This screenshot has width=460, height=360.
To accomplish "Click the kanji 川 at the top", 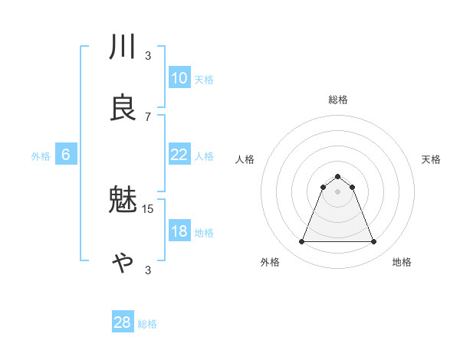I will pos(123,47).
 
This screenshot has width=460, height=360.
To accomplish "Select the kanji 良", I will pos(123,108).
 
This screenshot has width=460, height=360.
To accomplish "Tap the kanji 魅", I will pos(123,201).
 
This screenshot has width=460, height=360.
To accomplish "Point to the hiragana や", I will pos(123,262).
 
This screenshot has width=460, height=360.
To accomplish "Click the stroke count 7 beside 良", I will pos(148,116).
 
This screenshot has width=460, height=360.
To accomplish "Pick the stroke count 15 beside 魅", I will pos(148,208).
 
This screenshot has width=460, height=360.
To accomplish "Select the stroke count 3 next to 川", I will pos(148,55).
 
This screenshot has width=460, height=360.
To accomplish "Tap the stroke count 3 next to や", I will pos(148,270).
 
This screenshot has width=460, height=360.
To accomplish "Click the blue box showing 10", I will pos(179,77).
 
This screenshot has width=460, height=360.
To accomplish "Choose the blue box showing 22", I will pos(179,155).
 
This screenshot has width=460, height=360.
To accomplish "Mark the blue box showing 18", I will pos(179,231).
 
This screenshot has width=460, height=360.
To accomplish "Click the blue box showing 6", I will pos(66,155).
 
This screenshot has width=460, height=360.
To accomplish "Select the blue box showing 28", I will pos(123,322).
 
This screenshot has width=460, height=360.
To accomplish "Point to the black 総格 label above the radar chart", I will pos(338,100).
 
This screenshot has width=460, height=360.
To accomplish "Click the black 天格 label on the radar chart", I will pos(431,159).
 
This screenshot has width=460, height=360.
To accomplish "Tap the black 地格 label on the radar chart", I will pos(402,263).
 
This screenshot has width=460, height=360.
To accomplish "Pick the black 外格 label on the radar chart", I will pos(270,263).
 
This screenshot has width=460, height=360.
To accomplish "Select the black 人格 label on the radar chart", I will pos(245,159).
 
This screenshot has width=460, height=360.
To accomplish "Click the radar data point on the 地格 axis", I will pos(373,242).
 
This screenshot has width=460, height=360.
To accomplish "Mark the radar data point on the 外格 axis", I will pos(301,242).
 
